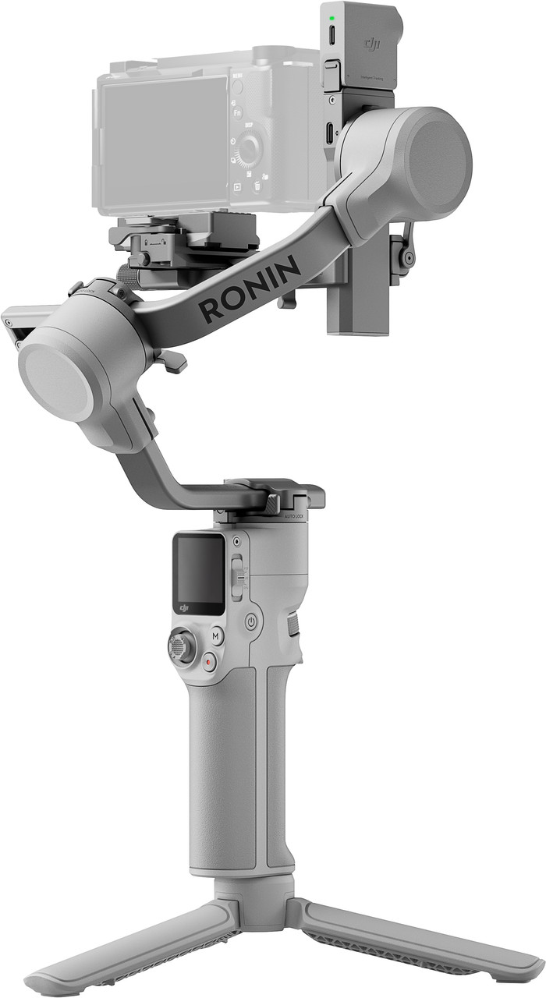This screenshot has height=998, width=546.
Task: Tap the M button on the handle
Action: pyautogui.click(x=216, y=635)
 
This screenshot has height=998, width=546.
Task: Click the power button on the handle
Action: pyautogui.click(x=251, y=621)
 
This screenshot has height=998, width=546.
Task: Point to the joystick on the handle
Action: pyautogui.click(x=182, y=647)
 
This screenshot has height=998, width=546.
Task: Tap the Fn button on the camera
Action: pyautogui.click(x=237, y=112)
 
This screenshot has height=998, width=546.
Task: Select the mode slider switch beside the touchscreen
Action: pyautogui.click(x=239, y=576)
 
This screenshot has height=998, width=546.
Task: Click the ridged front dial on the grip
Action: pyautogui.click(x=293, y=623)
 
